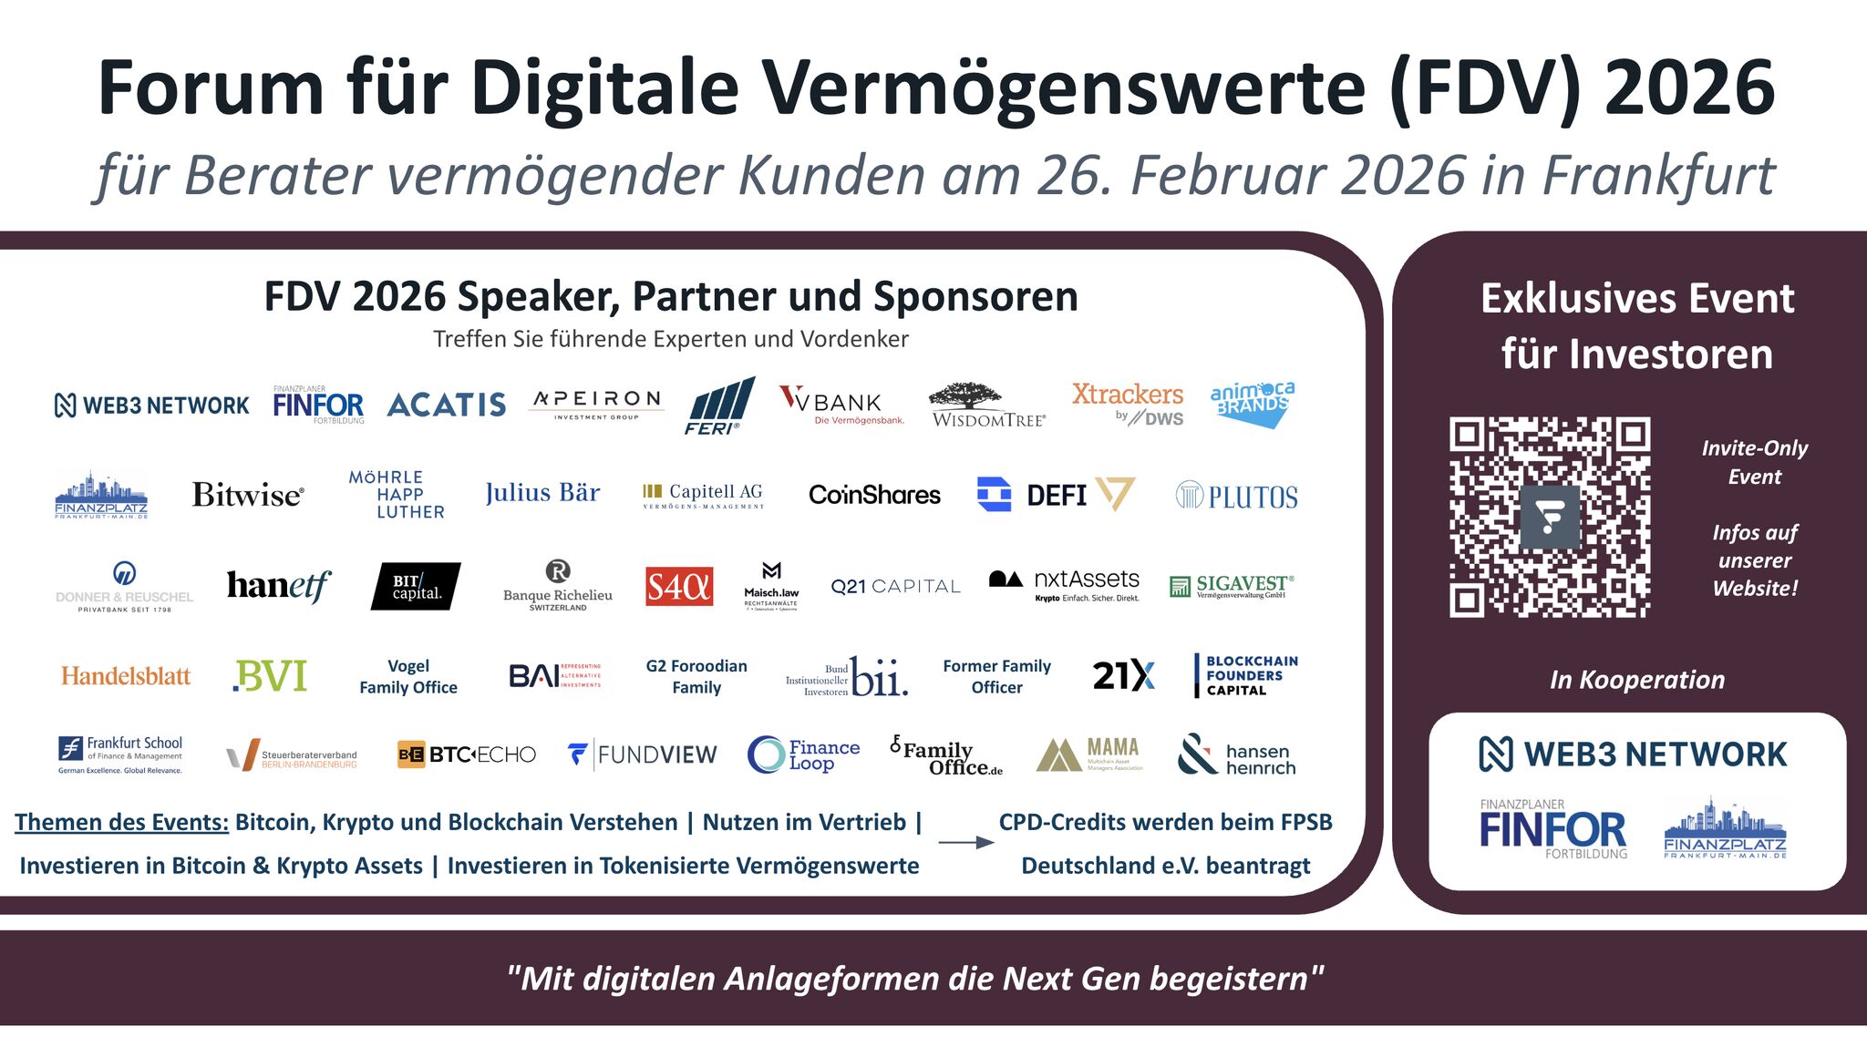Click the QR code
[x=1550, y=517]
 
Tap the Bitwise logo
[x=247, y=495]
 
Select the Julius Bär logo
[x=542, y=493]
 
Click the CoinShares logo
[x=874, y=495]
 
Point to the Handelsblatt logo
[x=126, y=676]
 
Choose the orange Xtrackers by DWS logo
[x=1128, y=404]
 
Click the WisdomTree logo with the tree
[x=988, y=405]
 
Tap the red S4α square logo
[x=679, y=587]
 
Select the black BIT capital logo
[x=416, y=587]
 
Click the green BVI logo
[x=270, y=676]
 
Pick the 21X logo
[x=1123, y=676]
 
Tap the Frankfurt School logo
[x=121, y=754]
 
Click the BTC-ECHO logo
[x=467, y=754]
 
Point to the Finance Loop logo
[x=803, y=754]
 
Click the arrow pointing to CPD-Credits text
[x=965, y=843]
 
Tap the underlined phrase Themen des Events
[x=121, y=822]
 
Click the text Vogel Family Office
[x=408, y=676]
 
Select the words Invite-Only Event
[x=1754, y=462]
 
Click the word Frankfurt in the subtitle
[x=1659, y=175]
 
